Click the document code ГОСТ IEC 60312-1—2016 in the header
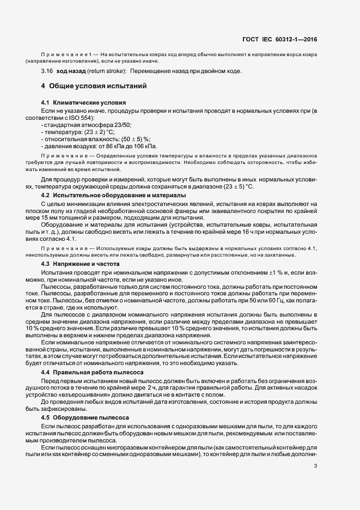tap(280, 39)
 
